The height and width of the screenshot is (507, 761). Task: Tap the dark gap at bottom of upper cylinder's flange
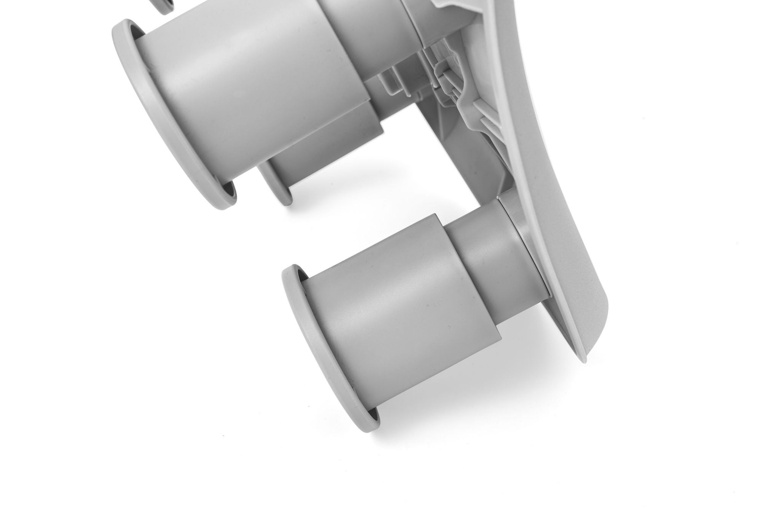tap(228, 190)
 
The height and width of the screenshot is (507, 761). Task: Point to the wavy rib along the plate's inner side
tap(472, 110)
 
